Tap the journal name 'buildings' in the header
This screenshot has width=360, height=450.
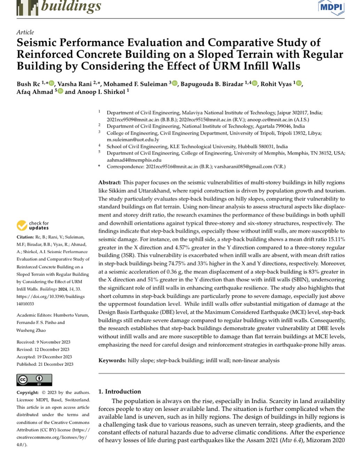click(x=71, y=6)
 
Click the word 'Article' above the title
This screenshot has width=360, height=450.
click(x=25, y=32)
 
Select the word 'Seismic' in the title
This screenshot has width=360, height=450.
click(x=36, y=43)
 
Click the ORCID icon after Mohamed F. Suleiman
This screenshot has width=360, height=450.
click(x=174, y=84)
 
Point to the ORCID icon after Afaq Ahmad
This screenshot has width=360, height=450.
click(x=60, y=92)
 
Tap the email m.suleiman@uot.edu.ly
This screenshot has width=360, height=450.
click(x=133, y=140)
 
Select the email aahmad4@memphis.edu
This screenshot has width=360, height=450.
click(x=134, y=160)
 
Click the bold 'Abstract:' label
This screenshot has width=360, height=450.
click(x=110, y=182)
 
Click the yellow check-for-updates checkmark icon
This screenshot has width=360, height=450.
click(x=22, y=226)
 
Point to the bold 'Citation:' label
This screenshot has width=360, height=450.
click(x=25, y=237)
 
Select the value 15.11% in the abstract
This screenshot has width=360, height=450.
click(x=333, y=239)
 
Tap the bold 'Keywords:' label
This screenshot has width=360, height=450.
click(x=112, y=360)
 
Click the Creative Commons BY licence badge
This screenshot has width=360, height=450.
click(x=34, y=379)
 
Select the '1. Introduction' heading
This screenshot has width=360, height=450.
click(x=119, y=391)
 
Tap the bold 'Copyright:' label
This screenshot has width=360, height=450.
click(x=28, y=392)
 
